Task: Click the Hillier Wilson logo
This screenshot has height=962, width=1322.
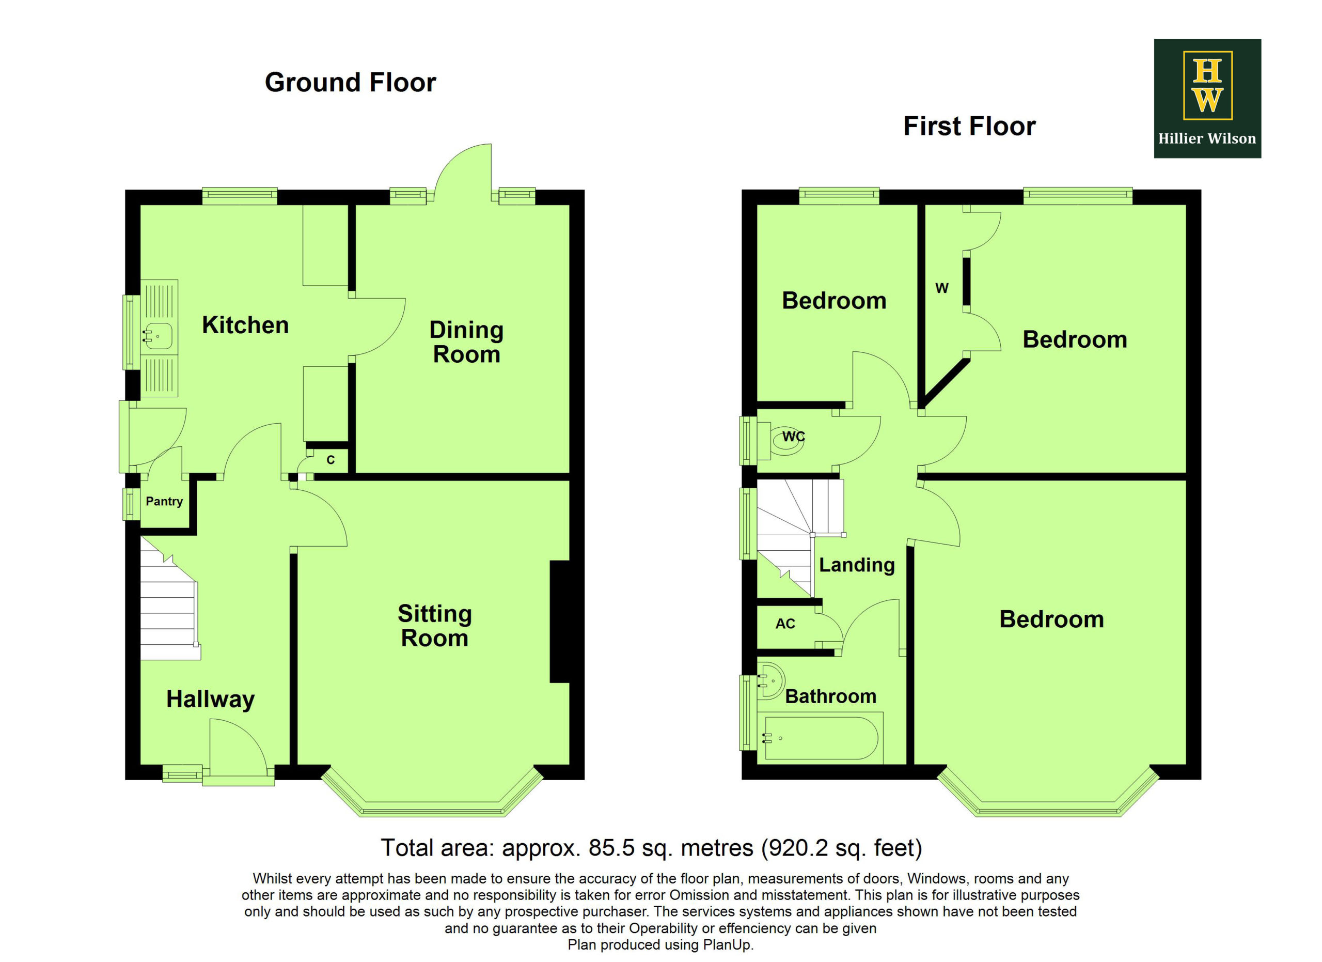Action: [1207, 99]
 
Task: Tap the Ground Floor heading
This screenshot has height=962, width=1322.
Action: [350, 82]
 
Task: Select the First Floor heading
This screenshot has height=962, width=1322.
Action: [969, 126]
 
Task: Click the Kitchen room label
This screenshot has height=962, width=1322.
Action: [245, 325]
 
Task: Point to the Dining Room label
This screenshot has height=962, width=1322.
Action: [466, 342]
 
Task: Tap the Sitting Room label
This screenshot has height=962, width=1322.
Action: [435, 626]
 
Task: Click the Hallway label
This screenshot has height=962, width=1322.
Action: [210, 699]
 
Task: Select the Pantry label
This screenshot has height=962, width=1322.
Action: [164, 501]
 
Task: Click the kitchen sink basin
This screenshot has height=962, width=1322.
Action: [158, 336]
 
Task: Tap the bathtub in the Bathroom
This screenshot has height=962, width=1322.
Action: [821, 738]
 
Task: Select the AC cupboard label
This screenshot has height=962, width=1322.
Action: [785, 624]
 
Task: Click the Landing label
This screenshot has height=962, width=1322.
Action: [857, 565]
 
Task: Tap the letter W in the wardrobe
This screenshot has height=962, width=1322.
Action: [942, 288]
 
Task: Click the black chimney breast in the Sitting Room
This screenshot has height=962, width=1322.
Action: [560, 622]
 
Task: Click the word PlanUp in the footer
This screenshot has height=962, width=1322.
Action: [728, 945]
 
